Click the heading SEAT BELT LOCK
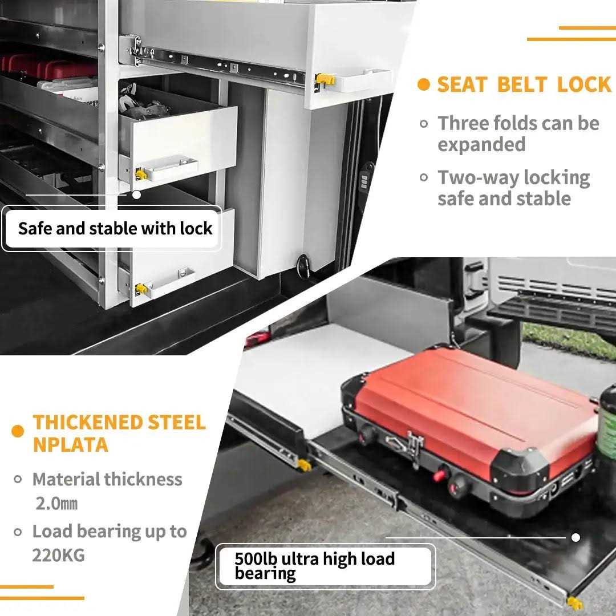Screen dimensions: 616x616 (524, 85)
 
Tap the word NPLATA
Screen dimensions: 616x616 (70, 444)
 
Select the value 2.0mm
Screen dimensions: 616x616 (56, 504)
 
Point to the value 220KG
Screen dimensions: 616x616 (58, 555)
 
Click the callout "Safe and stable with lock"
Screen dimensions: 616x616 (115, 229)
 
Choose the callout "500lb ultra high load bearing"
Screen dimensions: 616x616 (314, 566)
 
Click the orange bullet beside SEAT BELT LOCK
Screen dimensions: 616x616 (423, 85)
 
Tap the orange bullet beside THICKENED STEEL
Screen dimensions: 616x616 (18, 431)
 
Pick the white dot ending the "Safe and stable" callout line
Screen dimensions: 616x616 (136, 194)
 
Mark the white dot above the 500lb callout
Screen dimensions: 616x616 (576, 537)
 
